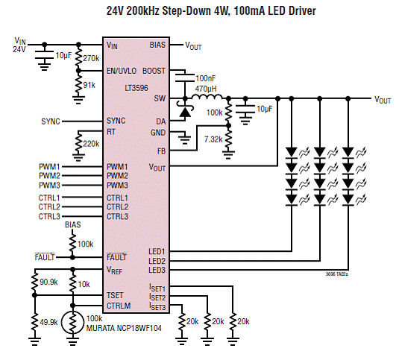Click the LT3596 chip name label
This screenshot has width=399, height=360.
[x=136, y=88]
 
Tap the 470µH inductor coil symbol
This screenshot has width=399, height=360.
[x=207, y=97]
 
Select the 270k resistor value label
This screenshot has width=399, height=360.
[x=91, y=58]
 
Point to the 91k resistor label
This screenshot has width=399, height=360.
[x=89, y=85]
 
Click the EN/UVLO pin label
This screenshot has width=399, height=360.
[x=122, y=71]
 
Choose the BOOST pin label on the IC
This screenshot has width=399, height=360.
[x=154, y=71]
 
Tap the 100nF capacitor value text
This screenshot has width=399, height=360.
[x=205, y=78]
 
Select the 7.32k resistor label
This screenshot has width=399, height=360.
[x=213, y=139]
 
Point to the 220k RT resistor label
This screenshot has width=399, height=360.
[x=91, y=144]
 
